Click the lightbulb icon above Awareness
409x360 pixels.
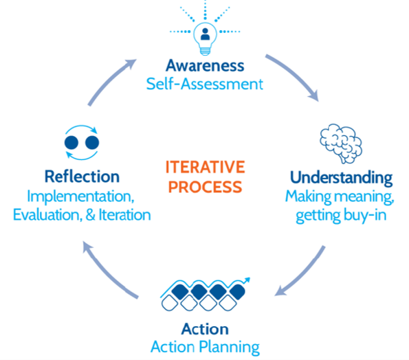[205, 38]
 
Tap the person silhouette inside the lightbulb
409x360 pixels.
[206, 34]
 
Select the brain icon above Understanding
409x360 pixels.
[341, 144]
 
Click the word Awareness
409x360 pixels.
[205, 65]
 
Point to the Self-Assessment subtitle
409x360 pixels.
[205, 84]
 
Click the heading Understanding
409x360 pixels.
[341, 178]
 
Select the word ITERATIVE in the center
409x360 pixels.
[206, 167]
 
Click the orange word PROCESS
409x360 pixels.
[206, 187]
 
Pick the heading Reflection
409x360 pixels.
[82, 177]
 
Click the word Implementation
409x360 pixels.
[80, 196]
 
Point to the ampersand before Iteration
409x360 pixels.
[90, 215]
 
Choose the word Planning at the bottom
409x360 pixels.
[230, 348]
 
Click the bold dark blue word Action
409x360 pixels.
[205, 329]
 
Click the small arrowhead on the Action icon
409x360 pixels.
[246, 280]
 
